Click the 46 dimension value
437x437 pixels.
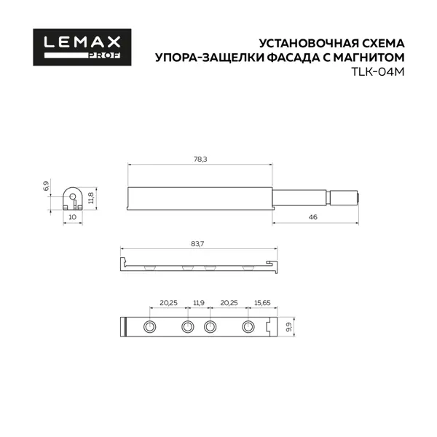pos(312,218)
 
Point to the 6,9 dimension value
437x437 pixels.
pos(46,186)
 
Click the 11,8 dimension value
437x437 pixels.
pos(91,197)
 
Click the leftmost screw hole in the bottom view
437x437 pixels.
pos(149,326)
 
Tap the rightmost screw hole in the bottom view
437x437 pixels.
pos(248,326)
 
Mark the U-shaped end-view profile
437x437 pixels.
pos(71,197)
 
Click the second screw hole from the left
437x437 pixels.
pos(187,326)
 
